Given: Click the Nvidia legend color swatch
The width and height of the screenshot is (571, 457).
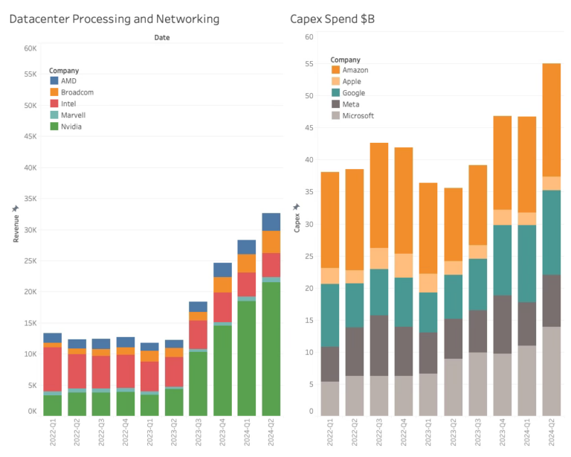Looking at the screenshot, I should (54, 127).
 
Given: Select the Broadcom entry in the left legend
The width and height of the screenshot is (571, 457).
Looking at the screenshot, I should (77, 92).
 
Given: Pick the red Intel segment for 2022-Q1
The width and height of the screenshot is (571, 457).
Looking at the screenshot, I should (53, 369).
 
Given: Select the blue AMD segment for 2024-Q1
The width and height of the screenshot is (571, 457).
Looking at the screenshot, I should (247, 247).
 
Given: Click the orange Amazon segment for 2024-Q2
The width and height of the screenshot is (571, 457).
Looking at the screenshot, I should (551, 120).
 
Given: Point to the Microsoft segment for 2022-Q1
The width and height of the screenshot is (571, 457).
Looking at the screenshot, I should (330, 398).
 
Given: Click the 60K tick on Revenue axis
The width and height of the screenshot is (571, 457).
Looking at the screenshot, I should (30, 48).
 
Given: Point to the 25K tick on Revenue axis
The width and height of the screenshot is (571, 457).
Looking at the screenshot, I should (30, 261).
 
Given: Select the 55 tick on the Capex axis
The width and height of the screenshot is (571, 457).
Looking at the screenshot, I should (309, 65).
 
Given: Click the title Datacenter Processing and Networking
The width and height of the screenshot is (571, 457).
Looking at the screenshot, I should (114, 19).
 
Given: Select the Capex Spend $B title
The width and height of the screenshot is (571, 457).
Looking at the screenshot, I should (332, 19).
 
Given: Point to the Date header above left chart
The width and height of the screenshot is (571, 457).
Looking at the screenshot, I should (161, 37).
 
